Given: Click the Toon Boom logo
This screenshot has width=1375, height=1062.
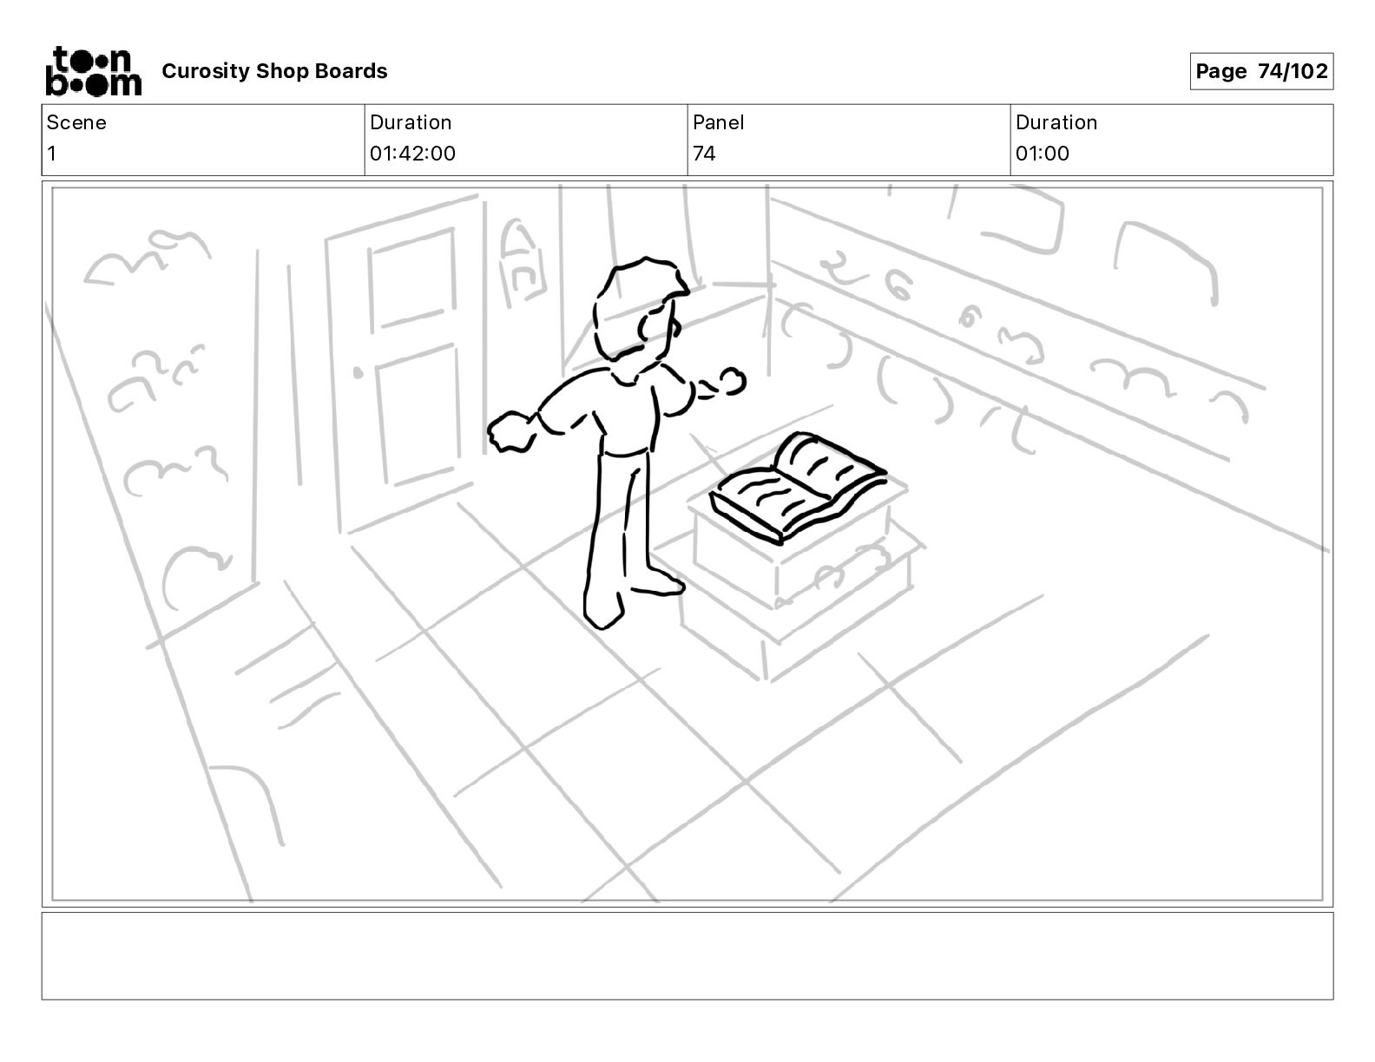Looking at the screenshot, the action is point(93,71).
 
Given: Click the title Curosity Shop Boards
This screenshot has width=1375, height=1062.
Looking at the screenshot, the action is point(274,71).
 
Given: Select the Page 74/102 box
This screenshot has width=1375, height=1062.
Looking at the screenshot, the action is point(1260,71).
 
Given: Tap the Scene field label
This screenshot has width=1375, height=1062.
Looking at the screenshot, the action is point(76,122).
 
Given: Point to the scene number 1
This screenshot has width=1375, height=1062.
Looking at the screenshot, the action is point(52,154).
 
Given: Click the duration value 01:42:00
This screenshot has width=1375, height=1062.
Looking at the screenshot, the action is point(412,154).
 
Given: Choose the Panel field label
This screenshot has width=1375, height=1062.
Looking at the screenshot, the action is point(718,122).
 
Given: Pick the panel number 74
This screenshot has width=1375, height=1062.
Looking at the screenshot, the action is point(704,154).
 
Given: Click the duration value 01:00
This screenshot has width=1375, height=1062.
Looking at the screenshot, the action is point(1042,154).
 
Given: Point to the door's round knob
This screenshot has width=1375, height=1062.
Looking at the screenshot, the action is point(358,374).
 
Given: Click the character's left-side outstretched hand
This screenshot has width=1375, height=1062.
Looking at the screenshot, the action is point(511,431).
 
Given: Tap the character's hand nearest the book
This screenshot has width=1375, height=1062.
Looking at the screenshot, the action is point(727,382).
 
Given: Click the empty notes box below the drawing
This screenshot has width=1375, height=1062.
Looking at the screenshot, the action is point(687,954).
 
